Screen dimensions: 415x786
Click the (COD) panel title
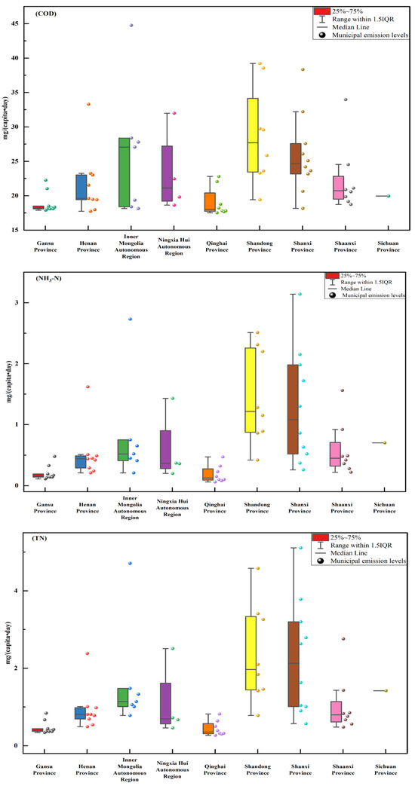coord(45,14)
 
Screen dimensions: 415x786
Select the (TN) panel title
coord(43,540)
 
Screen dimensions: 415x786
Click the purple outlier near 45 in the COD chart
coord(131,25)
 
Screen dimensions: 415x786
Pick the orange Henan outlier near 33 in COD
coord(88,104)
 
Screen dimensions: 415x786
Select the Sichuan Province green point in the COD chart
coord(389,196)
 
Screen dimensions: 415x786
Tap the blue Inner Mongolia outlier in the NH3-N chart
coord(130,319)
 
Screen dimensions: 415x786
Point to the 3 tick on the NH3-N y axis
coord(22,302)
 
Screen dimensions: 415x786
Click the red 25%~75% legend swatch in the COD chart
coord(321,11)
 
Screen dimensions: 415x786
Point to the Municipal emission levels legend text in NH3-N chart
coord(373,295)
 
